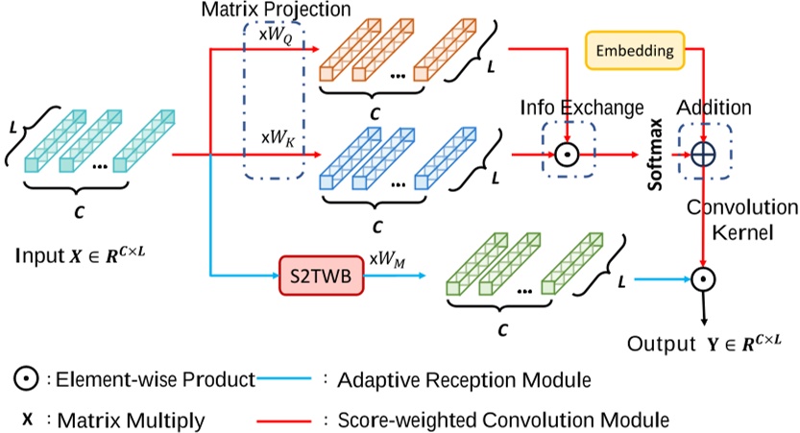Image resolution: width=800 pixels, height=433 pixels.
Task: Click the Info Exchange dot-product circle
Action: point(568,153)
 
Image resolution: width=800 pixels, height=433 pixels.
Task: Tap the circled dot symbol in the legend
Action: point(24,380)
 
